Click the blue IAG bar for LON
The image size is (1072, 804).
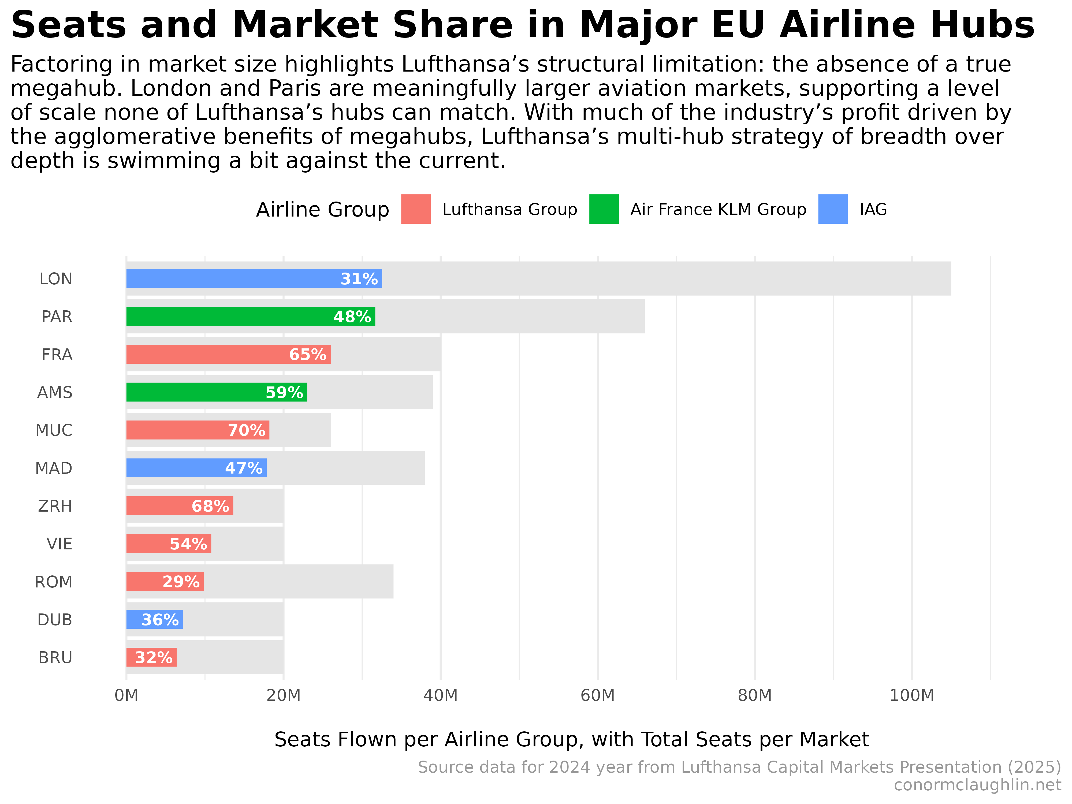[x=233, y=279]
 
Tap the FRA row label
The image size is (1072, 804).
[x=57, y=355]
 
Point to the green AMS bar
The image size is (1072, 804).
[x=194, y=392]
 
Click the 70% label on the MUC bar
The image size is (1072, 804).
[x=246, y=430]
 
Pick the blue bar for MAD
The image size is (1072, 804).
[x=174, y=468]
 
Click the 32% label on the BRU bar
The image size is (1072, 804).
[x=154, y=658]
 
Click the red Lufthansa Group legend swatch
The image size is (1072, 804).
[x=416, y=209]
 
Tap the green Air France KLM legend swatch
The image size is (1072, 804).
[x=604, y=209]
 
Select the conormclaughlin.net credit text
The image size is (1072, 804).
[x=977, y=785]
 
